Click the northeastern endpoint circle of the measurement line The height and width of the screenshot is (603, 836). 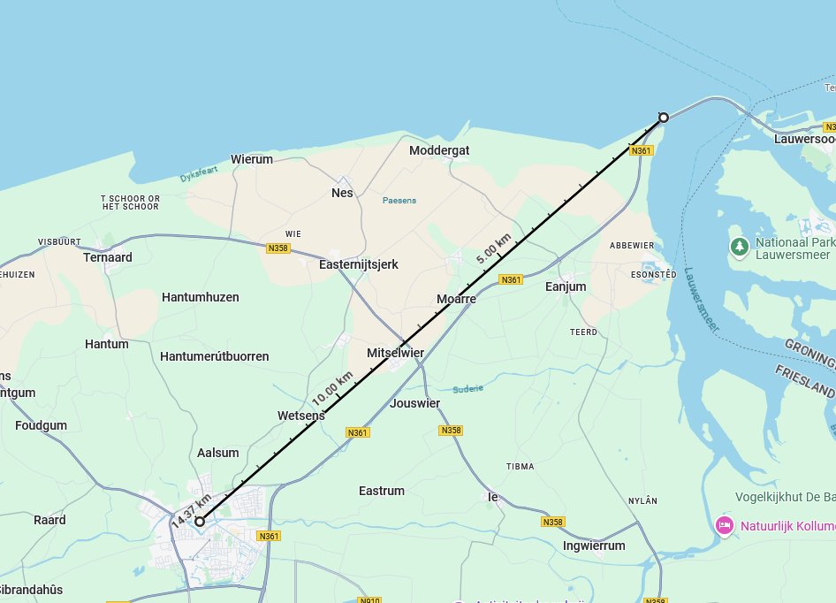click(x=664, y=118)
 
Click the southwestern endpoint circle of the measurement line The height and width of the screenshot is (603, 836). click(x=201, y=522)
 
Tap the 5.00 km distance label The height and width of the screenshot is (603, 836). click(x=493, y=248)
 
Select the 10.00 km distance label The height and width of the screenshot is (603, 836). click(x=331, y=387)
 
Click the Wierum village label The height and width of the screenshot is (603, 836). click(x=252, y=159)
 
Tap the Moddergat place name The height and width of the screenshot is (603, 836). click(x=439, y=150)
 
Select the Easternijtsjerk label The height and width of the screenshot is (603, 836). click(x=359, y=264)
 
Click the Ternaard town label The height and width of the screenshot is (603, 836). click(x=108, y=257)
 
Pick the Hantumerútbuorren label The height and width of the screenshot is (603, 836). click(x=215, y=356)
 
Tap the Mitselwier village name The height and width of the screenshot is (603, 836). click(x=395, y=353)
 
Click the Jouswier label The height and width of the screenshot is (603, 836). click(x=414, y=403)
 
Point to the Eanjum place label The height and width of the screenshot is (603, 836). click(x=566, y=286)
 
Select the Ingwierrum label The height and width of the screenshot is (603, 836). click(x=594, y=546)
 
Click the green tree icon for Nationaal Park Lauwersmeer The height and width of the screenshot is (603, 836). click(x=739, y=245)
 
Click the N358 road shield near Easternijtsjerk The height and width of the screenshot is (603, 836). click(x=277, y=248)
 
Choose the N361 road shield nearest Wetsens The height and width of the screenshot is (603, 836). click(x=357, y=432)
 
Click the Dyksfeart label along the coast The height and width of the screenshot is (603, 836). click(x=198, y=175)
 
